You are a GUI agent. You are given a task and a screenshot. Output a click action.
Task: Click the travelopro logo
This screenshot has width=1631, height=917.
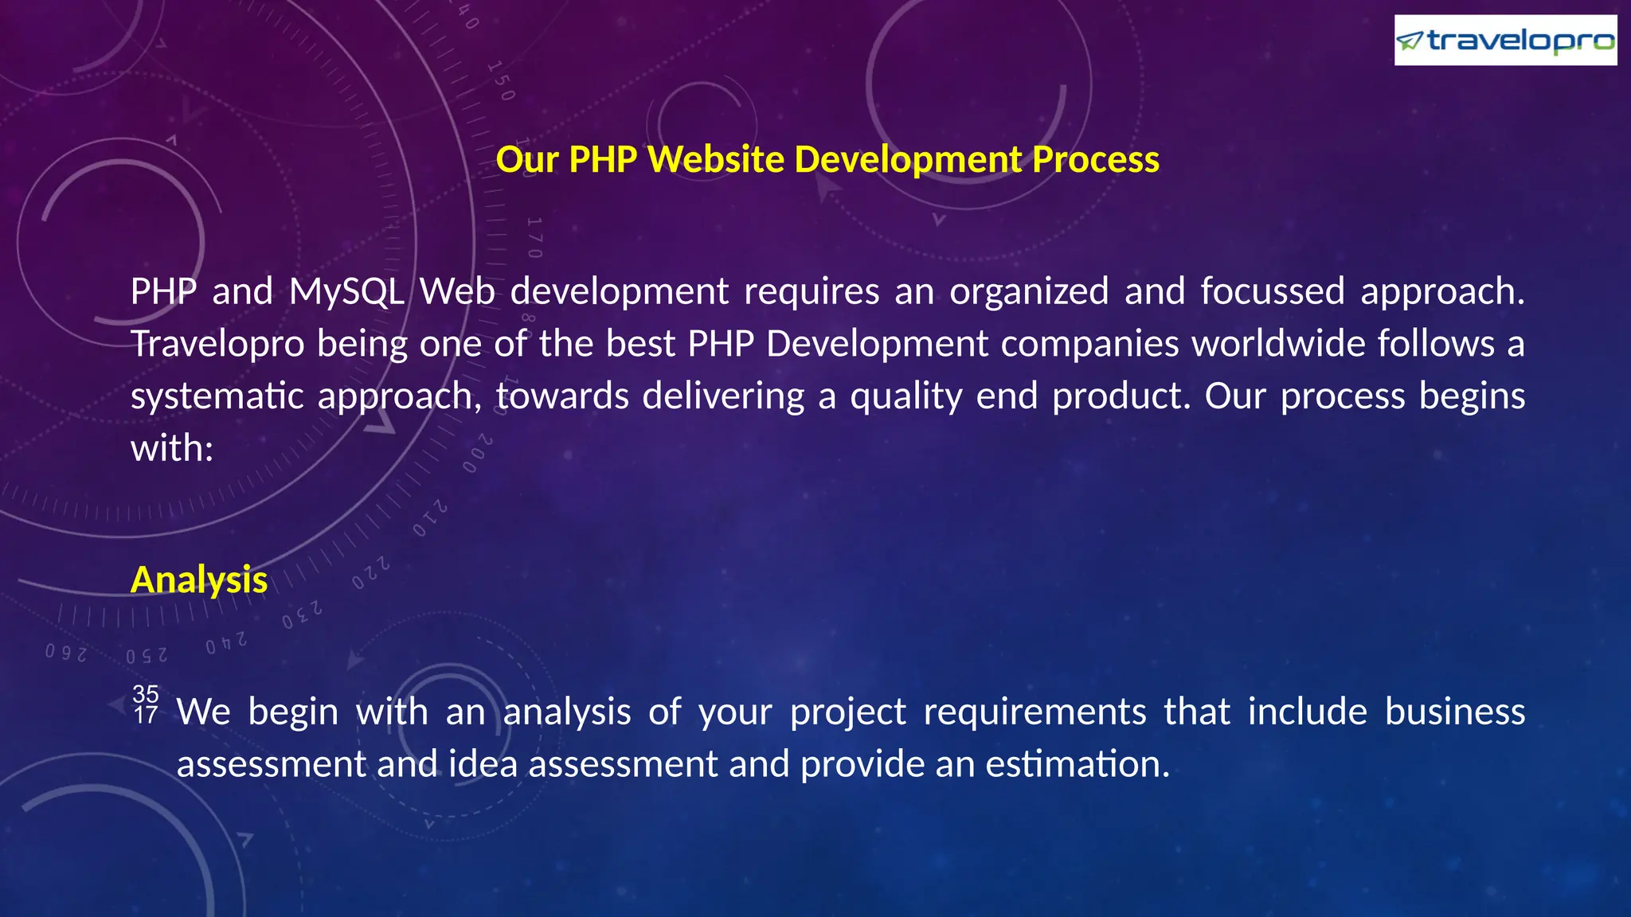pyautogui.click(x=1505, y=40)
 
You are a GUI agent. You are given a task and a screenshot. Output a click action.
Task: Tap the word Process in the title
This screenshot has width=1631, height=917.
pyautogui.click(x=1096, y=159)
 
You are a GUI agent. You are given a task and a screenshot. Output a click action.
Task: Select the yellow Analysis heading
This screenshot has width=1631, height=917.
pyautogui.click(x=199, y=579)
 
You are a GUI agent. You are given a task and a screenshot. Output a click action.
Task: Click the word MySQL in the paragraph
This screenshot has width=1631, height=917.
pyautogui.click(x=346, y=291)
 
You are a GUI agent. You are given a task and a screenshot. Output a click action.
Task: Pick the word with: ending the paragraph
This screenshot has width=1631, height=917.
pyautogui.click(x=172, y=448)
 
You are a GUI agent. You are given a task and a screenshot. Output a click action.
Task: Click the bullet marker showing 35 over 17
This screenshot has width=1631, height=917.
pyautogui.click(x=146, y=704)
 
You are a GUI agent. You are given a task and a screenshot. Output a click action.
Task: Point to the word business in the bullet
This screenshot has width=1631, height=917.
pyautogui.click(x=1455, y=712)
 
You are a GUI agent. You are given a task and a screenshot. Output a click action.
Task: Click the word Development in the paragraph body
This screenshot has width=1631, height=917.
pyautogui.click(x=877, y=344)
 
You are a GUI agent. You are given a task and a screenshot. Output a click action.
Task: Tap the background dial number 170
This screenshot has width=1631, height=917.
pyautogui.click(x=534, y=237)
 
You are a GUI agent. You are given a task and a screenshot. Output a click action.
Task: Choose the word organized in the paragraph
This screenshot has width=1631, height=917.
pyautogui.click(x=1029, y=291)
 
